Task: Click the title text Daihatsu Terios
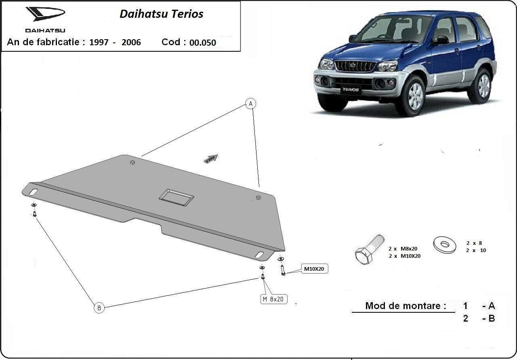tap(161, 14)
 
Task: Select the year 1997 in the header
tap(99, 42)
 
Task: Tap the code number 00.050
tap(203, 42)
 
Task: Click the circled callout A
tap(250, 104)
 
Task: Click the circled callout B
tap(99, 308)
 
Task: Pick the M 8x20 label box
tap(273, 299)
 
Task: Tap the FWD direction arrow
tap(211, 158)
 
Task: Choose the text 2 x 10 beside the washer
tap(476, 250)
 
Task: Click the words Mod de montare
tap(405, 306)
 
